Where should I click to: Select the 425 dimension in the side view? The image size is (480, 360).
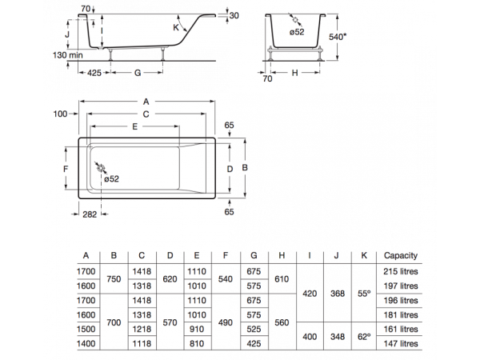[94, 72]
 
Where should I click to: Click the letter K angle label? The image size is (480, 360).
[176, 28]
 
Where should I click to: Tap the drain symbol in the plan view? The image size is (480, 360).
[99, 169]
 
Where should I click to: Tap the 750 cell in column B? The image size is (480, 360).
[114, 278]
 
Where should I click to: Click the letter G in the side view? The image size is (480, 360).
[137, 73]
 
